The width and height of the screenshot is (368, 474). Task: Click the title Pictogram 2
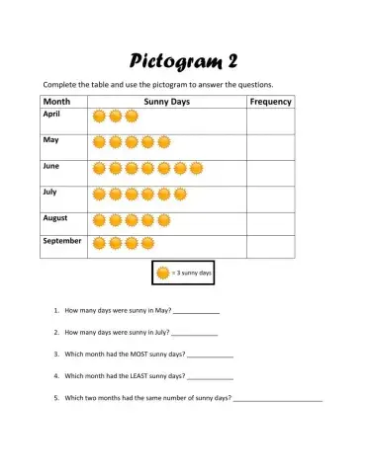(183, 60)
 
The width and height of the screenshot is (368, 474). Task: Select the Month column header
(55, 102)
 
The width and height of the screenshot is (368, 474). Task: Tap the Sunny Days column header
(167, 102)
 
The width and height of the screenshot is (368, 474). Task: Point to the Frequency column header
(270, 102)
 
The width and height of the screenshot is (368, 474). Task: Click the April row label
(51, 115)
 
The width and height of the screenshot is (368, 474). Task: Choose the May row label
(50, 140)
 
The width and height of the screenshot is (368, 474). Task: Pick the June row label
(51, 166)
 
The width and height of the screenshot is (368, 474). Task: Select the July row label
(50, 192)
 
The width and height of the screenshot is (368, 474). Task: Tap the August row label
(54, 217)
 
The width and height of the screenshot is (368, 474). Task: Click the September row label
(60, 240)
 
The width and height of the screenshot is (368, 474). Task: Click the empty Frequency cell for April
(270, 119)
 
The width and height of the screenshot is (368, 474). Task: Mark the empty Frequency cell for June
(270, 173)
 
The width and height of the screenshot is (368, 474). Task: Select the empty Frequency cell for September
(270, 247)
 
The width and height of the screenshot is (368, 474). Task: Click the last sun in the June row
(196, 168)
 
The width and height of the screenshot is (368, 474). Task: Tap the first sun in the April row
(99, 117)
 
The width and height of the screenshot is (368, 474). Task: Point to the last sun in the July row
(180, 194)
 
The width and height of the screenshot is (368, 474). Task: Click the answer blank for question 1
(196, 311)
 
